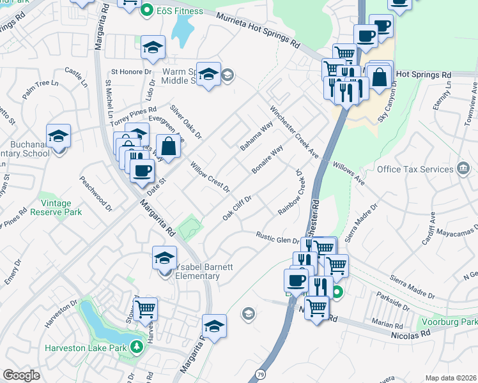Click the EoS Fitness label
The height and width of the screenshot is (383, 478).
[x=180, y=11]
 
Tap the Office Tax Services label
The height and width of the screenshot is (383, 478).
[x=415, y=169]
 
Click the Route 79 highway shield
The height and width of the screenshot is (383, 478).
[x=266, y=372]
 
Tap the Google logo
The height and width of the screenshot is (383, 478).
[x=21, y=375]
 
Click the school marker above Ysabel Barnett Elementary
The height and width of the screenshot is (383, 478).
[x=164, y=259]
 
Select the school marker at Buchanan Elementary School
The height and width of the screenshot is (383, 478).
[x=58, y=135]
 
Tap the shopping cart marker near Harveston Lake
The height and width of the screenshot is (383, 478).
[x=146, y=308]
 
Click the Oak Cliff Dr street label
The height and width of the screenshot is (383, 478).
[x=237, y=207]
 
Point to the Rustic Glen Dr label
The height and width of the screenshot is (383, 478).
[x=277, y=239]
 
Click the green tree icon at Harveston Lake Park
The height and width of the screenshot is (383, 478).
[x=136, y=347]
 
